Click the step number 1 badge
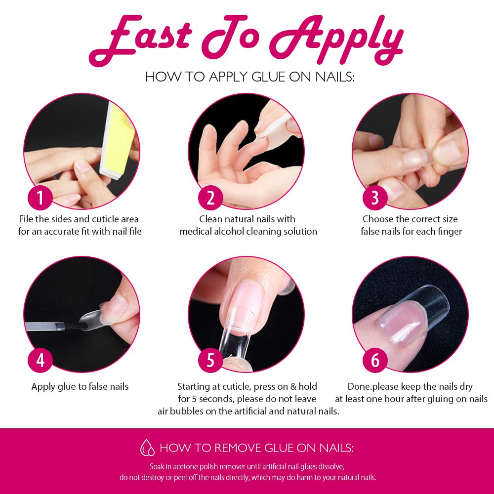click(x=41, y=198)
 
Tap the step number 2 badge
click(x=210, y=198)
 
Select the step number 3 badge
click(x=375, y=198)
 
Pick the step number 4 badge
click(x=41, y=360)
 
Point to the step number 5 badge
click(x=210, y=360)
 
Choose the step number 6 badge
click(x=375, y=360)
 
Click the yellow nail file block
click(x=117, y=140)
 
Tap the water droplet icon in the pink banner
click(x=147, y=448)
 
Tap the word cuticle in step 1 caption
click(x=106, y=219)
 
